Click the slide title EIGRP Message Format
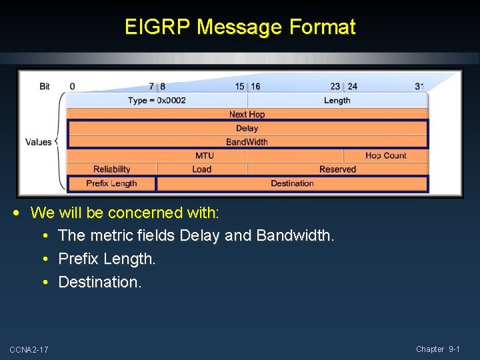(x=240, y=27)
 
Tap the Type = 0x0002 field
(x=157, y=101)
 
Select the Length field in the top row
(x=337, y=101)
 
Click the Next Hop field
(x=247, y=115)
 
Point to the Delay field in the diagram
(x=247, y=128)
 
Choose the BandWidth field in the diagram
(x=247, y=142)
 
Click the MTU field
(x=205, y=155)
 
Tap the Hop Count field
(x=385, y=155)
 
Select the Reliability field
(x=112, y=169)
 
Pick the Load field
(x=201, y=169)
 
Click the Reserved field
(x=337, y=169)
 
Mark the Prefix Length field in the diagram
(x=111, y=183)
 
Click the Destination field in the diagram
(x=292, y=183)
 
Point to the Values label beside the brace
(x=39, y=142)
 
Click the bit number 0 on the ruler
(x=72, y=87)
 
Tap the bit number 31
(x=419, y=87)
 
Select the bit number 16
(x=255, y=87)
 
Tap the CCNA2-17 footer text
(x=29, y=350)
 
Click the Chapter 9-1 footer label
(x=438, y=349)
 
